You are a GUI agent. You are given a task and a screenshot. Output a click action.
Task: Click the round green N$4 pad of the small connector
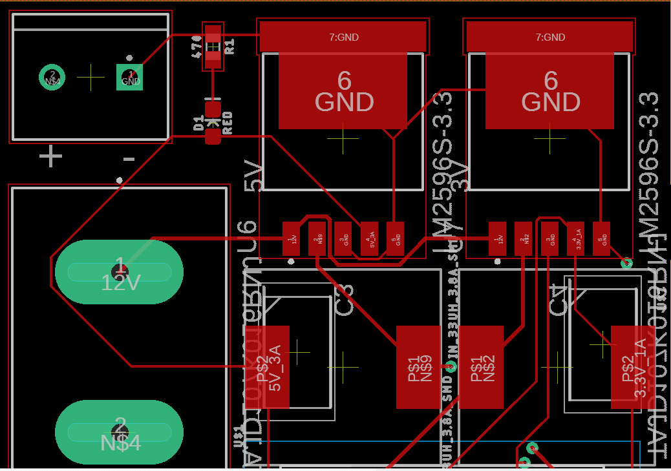[52, 78]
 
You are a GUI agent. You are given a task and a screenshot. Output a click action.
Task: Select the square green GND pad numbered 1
[130, 78]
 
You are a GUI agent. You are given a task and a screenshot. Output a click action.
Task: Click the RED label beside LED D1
[228, 123]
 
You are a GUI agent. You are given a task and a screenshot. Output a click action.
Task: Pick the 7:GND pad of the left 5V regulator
[343, 37]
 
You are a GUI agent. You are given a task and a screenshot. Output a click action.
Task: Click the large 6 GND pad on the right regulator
[549, 91]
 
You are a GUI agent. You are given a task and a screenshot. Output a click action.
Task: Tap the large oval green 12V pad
[119, 272]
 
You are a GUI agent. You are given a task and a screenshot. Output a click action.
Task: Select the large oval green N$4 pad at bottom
[119, 432]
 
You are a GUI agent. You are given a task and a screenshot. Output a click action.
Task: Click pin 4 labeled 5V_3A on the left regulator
[369, 239]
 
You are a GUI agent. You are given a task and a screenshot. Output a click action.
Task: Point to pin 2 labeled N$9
[317, 239]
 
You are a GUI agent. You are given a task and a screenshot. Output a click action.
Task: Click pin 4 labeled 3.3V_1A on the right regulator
[575, 239]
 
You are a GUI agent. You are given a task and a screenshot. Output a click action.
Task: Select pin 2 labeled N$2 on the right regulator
[523, 239]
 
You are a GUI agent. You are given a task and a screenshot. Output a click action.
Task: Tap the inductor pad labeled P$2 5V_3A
[268, 367]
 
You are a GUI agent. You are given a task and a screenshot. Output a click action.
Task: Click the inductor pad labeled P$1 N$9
[418, 367]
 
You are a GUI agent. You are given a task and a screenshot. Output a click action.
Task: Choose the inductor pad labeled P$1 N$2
[481, 367]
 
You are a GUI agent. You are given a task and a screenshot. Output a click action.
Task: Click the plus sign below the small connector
[50, 157]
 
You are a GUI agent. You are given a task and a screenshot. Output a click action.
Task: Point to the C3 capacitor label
[345, 299]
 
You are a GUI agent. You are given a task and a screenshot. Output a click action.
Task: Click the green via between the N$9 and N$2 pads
[452, 366]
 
